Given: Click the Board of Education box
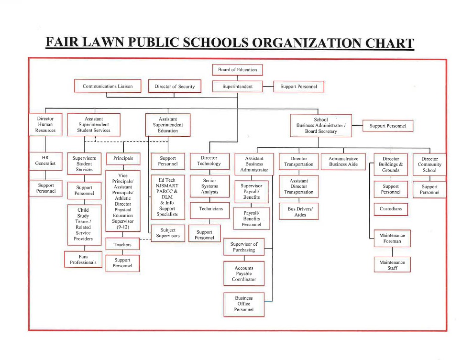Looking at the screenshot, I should (238, 70).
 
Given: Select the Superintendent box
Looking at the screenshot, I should (238, 87).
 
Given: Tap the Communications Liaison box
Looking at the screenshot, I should (108, 86).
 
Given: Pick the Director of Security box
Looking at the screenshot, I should (175, 87).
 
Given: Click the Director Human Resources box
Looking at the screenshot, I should (45, 124).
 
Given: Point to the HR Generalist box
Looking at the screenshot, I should (45, 161).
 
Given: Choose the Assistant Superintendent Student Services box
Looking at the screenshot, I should (94, 124).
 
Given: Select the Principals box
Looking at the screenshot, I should (123, 158).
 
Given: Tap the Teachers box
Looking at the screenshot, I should (122, 245).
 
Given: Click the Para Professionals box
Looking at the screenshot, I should (83, 260).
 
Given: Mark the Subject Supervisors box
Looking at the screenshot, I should (168, 233).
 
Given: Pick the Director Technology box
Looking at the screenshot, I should (209, 161).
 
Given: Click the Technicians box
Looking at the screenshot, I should (211, 209).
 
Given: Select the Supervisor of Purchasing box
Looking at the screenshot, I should (244, 247).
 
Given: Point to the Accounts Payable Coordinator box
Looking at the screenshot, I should (244, 274).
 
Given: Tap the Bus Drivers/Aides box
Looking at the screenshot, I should (299, 212).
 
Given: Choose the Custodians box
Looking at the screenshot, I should (391, 209).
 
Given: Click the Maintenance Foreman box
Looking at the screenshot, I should (392, 239).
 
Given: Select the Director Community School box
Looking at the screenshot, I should (429, 164).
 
